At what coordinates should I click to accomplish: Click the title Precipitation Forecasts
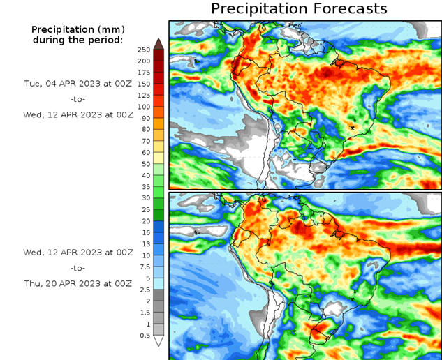(x=299, y=9)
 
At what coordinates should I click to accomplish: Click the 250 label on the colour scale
(x=144, y=50)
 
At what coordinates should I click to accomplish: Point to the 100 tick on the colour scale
(x=144, y=107)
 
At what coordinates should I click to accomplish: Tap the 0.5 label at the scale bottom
(x=144, y=336)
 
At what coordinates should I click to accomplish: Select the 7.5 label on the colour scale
(x=144, y=267)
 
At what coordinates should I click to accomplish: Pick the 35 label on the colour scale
(x=144, y=187)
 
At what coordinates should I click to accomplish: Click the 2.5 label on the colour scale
(x=144, y=290)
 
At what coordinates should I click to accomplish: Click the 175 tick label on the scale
(x=144, y=73)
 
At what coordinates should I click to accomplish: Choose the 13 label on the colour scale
(x=144, y=244)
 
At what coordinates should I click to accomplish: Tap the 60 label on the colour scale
(x=144, y=152)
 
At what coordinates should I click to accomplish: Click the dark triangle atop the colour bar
(x=159, y=44)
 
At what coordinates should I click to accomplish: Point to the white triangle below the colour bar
(x=159, y=341)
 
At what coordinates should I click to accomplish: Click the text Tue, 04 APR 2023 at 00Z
(x=78, y=83)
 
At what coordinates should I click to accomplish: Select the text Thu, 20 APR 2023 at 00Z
(x=78, y=283)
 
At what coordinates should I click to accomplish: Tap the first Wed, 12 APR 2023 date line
(x=78, y=114)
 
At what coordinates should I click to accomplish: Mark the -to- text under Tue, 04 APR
(x=78, y=99)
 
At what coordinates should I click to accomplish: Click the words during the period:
(x=78, y=40)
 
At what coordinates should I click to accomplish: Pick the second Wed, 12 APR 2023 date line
(x=78, y=252)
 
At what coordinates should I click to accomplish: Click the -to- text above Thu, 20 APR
(x=78, y=268)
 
